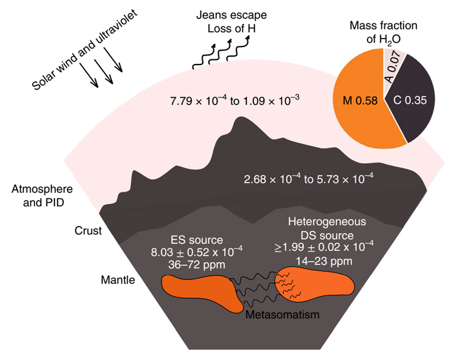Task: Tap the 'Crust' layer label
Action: tap(88, 230)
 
